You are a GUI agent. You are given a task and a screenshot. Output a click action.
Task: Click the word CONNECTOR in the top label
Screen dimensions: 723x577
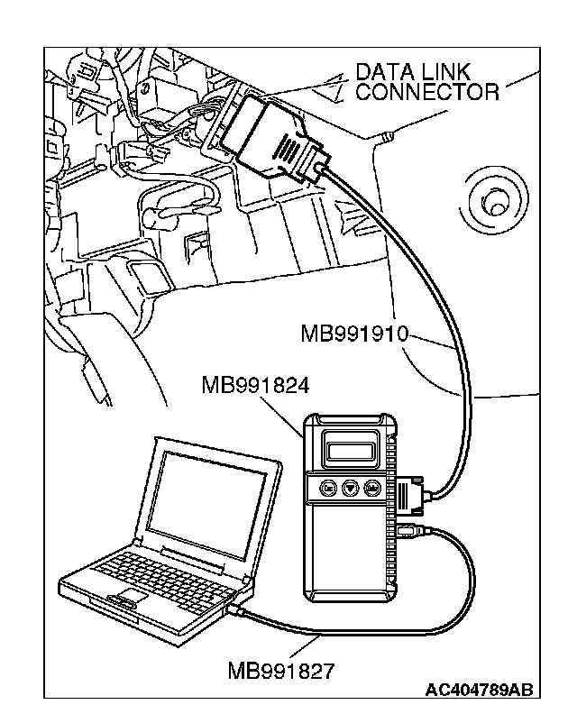point(427,91)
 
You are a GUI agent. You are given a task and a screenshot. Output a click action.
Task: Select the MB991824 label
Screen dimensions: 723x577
point(256,386)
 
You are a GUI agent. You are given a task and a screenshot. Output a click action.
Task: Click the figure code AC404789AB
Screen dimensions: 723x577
point(479,691)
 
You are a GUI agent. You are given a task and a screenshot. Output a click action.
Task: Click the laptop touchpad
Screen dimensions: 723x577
point(125,598)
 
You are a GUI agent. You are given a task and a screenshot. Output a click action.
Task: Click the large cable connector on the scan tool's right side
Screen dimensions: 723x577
point(406,493)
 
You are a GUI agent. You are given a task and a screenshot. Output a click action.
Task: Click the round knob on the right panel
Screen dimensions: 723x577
point(493,204)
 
